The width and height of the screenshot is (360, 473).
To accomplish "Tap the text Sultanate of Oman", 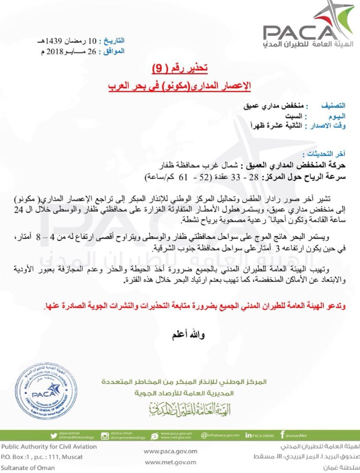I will pos(32,465).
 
